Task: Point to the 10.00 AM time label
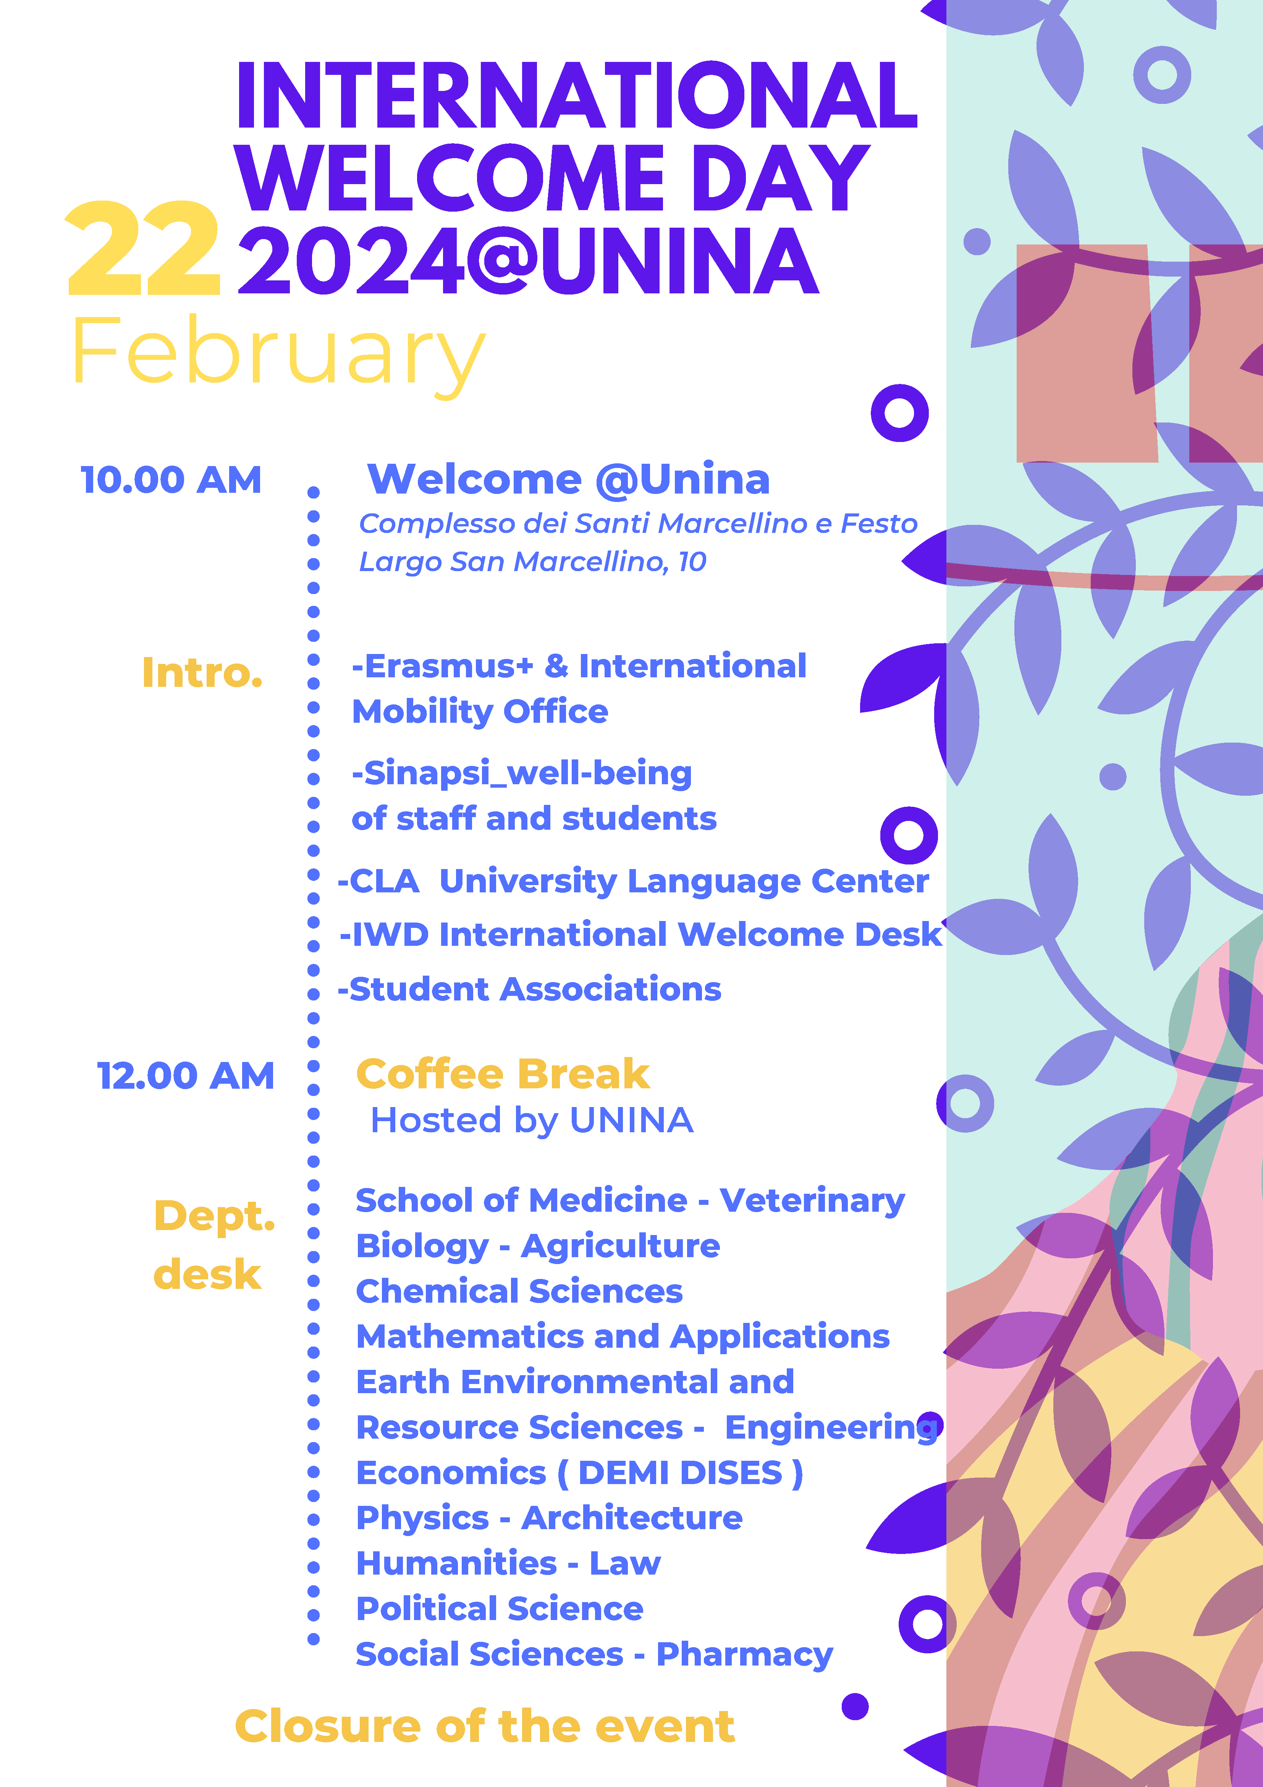tap(171, 480)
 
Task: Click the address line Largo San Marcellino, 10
tap(532, 562)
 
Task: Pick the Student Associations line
tap(529, 990)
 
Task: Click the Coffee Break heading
tap(503, 1075)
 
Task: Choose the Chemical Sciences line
tap(519, 1291)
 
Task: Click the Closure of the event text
tap(485, 1726)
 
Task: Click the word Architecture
tap(632, 1518)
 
